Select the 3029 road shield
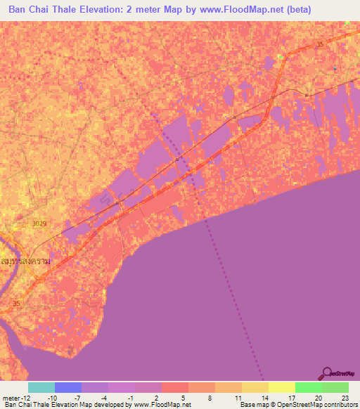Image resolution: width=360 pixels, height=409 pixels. [40, 223]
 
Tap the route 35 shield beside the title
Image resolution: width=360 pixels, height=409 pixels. [321, 44]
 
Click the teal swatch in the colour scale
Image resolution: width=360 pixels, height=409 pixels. [41, 387]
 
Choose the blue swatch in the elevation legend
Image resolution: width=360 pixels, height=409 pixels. [68, 387]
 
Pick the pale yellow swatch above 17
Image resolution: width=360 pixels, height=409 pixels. [281, 387]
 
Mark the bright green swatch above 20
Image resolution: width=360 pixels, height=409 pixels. [308, 387]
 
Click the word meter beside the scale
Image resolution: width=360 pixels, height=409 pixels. [10, 397]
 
